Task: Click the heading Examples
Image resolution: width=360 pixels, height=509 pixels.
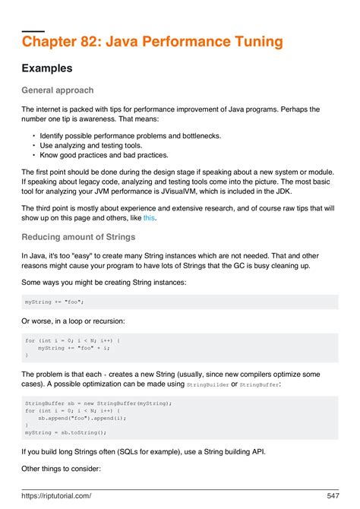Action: pos(47,68)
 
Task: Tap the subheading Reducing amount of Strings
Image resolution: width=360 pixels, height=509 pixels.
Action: pos(79,237)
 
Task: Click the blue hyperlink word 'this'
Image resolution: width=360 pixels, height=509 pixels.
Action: pos(149,218)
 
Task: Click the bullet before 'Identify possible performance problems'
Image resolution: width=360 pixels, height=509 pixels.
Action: pos(33,135)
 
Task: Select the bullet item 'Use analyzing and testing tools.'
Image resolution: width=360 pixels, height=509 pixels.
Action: pos(81,146)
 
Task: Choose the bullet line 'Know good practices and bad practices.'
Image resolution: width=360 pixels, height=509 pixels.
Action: pos(93,156)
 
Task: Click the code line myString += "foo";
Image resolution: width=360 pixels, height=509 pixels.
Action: pos(54,302)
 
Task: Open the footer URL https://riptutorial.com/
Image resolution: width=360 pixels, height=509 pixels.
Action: pos(57,495)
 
